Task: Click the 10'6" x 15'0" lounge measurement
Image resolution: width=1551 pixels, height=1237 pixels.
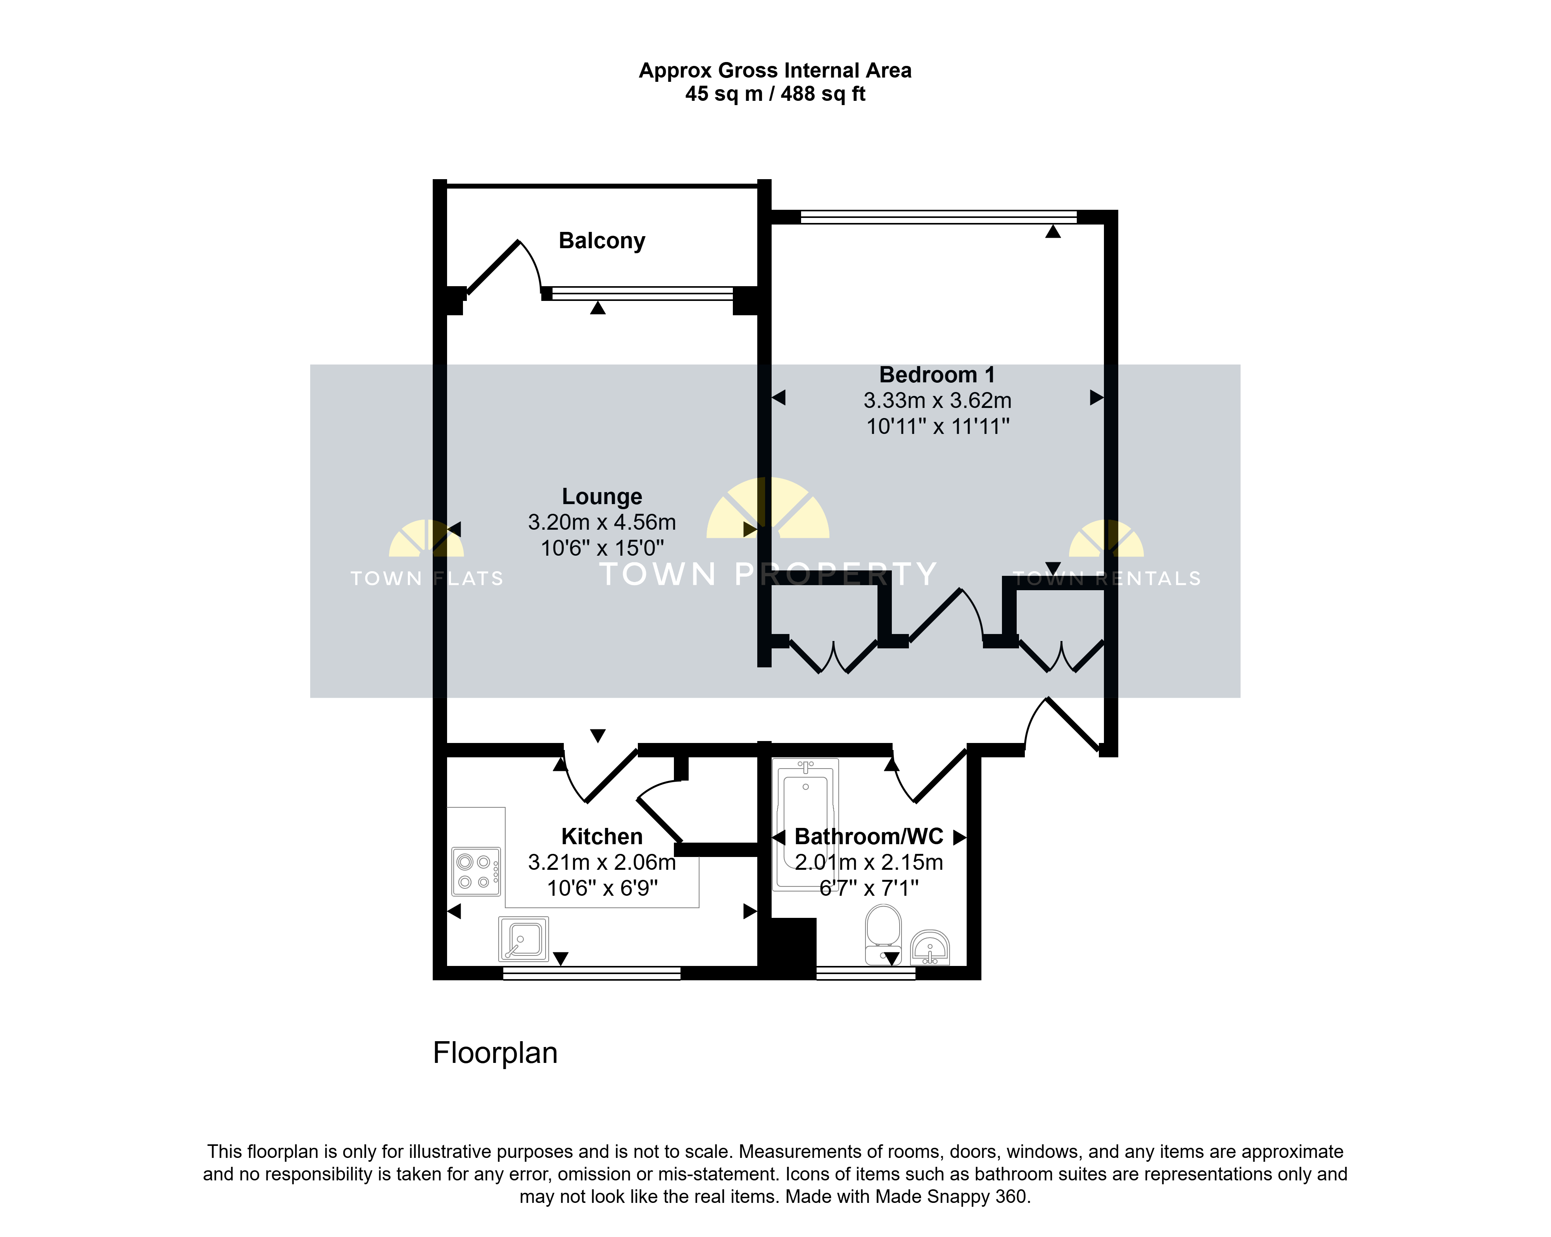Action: click(602, 548)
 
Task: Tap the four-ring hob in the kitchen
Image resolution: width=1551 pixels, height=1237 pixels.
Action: click(475, 871)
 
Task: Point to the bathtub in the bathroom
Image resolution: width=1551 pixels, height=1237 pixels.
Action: click(806, 825)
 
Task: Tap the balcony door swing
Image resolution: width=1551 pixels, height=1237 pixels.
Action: click(504, 267)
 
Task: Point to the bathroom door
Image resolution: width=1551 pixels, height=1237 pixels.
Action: click(929, 776)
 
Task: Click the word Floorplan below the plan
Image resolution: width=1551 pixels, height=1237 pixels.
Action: click(495, 1053)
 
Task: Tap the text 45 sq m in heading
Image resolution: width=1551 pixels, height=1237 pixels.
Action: click(724, 93)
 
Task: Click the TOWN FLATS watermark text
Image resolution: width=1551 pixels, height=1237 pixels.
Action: click(427, 579)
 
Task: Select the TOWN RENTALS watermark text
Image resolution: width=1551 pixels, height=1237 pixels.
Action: click(1106, 579)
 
